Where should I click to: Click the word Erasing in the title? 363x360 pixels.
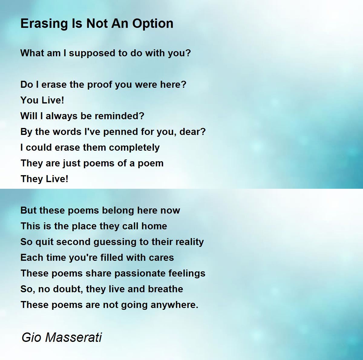(44, 24)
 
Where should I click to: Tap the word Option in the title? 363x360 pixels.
(152, 24)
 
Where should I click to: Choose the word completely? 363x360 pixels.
(134, 148)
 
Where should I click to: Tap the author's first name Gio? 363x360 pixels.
(31, 337)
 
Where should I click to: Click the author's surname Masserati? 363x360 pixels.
(74, 337)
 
